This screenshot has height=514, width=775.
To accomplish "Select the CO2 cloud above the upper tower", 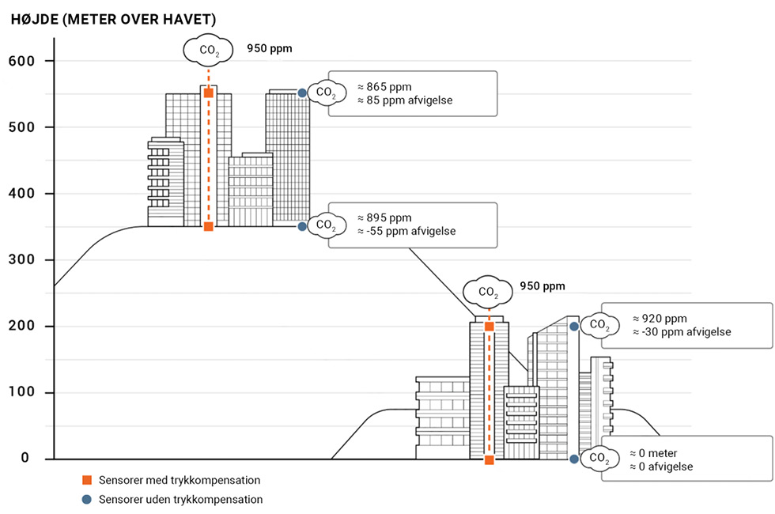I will tap(208, 51).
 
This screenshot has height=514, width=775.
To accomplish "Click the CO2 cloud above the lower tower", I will tap(488, 292).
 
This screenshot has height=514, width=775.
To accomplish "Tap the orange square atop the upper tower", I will tap(209, 93).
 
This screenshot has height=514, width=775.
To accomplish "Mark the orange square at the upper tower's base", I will tap(209, 227).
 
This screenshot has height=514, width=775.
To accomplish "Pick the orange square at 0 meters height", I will tap(489, 459).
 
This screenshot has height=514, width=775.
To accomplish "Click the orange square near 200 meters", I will tap(489, 327).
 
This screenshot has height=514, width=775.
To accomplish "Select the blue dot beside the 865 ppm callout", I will tap(302, 93).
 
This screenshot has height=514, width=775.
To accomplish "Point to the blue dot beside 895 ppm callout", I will tap(302, 226).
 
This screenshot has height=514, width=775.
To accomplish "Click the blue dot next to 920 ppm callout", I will tap(573, 326).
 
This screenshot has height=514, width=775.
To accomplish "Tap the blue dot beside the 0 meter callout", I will tap(573, 459).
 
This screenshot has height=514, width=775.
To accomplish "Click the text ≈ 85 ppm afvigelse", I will tap(404, 100).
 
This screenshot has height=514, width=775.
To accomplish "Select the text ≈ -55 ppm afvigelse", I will tap(406, 232).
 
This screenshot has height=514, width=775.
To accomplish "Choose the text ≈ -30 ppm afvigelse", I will tap(681, 332).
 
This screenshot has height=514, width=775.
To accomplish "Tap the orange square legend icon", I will tap(87, 480).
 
